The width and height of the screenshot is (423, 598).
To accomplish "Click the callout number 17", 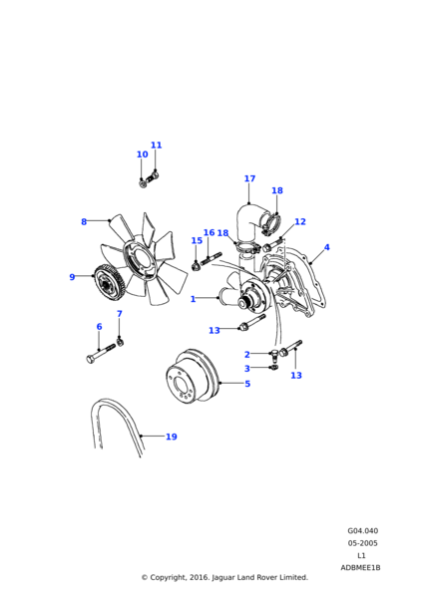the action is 249,178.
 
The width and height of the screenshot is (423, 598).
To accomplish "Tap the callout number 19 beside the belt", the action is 172,437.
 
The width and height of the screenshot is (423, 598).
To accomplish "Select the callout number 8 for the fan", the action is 84,221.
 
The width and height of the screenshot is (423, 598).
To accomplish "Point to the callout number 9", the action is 72,277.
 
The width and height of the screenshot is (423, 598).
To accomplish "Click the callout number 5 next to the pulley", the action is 247,384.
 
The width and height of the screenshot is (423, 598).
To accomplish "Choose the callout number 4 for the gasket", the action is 327,247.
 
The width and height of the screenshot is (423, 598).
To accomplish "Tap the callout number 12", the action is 300,221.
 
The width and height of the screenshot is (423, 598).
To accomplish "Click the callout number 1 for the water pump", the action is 193,299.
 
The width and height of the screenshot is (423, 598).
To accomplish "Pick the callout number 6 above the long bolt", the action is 99,327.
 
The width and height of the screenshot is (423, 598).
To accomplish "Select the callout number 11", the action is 157,145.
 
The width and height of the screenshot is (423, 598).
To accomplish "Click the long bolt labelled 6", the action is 101,354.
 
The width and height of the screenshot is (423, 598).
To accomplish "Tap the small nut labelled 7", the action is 120,341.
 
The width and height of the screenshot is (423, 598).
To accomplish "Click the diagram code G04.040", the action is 363,531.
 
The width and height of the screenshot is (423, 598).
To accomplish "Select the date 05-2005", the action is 362,543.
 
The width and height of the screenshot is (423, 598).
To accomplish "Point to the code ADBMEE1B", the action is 360,567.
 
